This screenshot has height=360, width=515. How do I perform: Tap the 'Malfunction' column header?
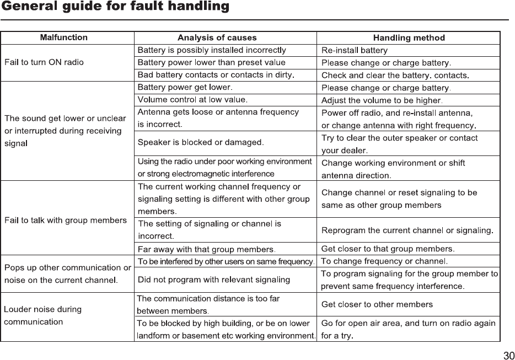[x=64, y=37]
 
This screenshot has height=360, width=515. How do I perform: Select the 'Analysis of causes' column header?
[x=217, y=37]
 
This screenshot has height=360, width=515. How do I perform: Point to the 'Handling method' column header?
[x=409, y=38]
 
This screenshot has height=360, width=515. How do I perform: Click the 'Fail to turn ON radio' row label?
[x=44, y=62]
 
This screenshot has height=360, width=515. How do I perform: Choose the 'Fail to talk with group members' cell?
[x=66, y=221]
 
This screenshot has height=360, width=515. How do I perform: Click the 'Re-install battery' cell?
[x=354, y=51]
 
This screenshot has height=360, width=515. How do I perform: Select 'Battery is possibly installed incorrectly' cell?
[x=212, y=50]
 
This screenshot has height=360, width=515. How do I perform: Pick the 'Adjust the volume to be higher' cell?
[x=382, y=100]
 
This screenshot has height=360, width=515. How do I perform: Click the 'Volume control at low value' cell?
[x=192, y=100]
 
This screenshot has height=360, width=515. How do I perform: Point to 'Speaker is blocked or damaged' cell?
[x=201, y=142]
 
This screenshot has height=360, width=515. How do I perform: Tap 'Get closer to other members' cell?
[x=377, y=304]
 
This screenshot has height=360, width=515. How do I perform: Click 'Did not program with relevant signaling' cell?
[x=214, y=280]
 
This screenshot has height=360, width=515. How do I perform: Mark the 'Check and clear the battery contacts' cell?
[x=395, y=75]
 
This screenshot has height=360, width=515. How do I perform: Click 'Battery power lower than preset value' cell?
[x=211, y=62]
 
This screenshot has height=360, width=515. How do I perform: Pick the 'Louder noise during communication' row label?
[x=43, y=315]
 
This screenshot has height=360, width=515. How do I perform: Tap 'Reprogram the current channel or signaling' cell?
[x=407, y=230]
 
